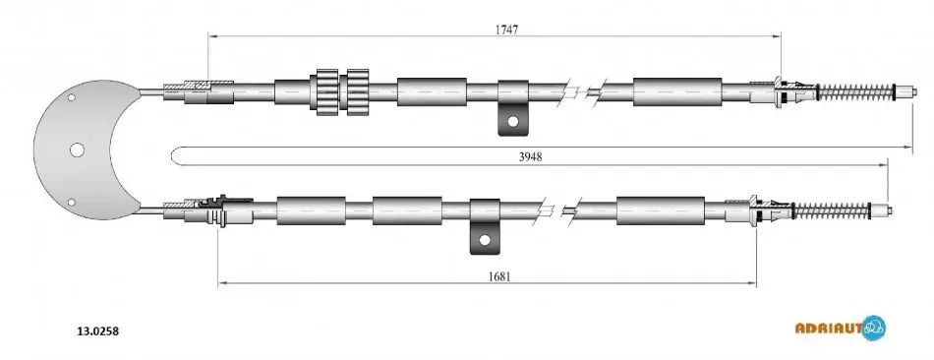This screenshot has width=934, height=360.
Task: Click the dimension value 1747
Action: click(x=505, y=30)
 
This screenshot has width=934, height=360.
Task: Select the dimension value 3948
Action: click(x=530, y=156)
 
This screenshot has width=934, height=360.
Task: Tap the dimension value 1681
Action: click(x=499, y=276)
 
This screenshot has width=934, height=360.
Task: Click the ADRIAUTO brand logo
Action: click(x=841, y=328)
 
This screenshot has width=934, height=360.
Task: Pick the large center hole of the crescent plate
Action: click(x=77, y=150)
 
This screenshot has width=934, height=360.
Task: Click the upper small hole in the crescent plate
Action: click(x=72, y=97)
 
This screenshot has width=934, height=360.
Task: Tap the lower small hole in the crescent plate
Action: click(x=72, y=202)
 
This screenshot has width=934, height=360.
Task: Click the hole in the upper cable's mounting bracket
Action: click(x=513, y=122)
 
